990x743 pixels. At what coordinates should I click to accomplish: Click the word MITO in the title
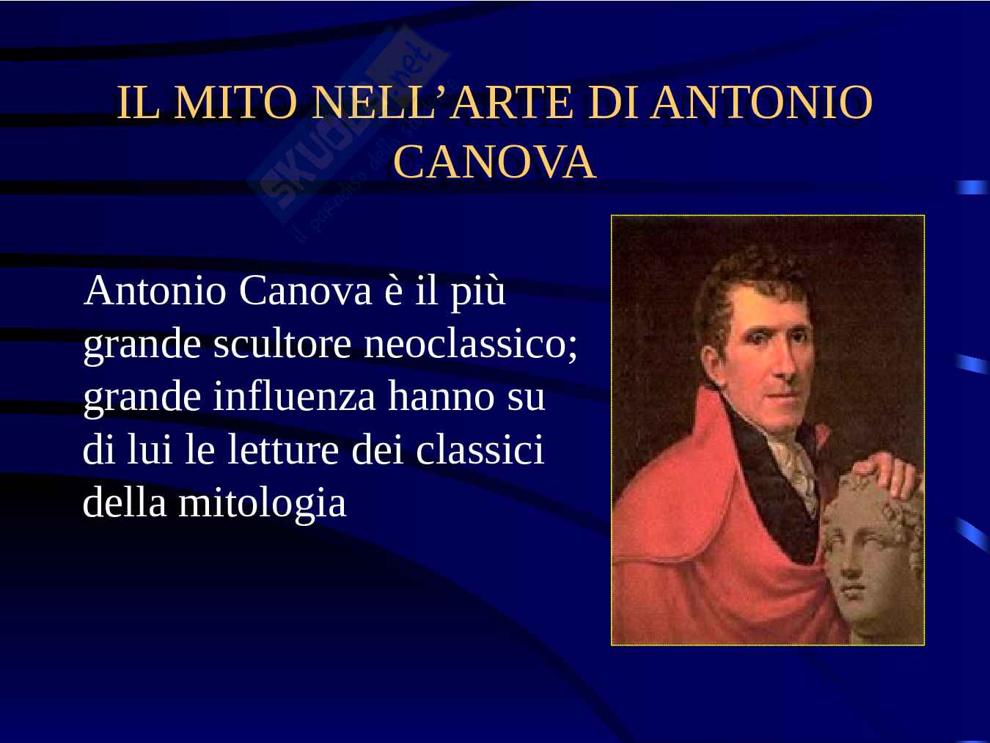coord(236,103)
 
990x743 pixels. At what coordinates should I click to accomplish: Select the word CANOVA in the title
coord(495,162)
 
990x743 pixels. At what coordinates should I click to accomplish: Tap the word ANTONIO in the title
coord(761,103)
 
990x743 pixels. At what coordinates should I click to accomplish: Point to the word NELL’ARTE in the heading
coord(444,103)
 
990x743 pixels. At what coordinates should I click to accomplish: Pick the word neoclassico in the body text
coord(470,345)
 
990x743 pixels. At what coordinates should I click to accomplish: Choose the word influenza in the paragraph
coord(294,397)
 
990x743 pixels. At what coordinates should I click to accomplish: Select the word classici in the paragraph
coord(480,450)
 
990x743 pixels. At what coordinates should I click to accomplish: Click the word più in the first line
coord(477,293)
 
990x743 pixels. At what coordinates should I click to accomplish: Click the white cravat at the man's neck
coord(796,469)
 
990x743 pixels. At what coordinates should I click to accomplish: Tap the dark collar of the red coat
coord(771,487)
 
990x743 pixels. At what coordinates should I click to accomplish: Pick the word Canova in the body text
coord(305,291)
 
